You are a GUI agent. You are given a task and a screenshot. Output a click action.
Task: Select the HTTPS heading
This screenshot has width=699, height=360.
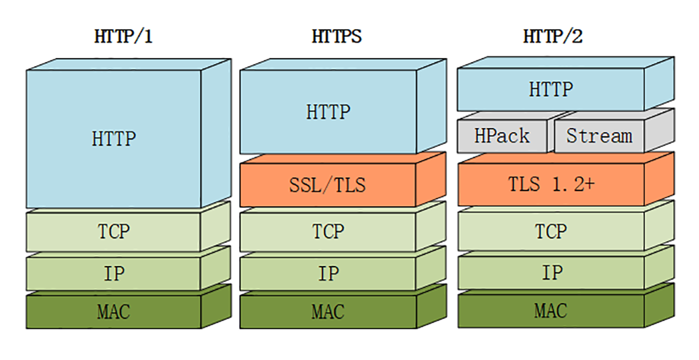[x=336, y=37]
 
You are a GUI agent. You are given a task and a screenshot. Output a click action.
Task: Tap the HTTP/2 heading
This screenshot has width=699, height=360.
[x=553, y=37]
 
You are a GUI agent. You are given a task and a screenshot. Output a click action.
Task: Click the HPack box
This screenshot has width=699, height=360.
[x=502, y=136]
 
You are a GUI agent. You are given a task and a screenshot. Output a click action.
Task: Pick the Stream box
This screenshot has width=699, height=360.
[x=598, y=136]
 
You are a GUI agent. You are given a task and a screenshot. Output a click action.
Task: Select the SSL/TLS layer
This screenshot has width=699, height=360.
[x=328, y=185]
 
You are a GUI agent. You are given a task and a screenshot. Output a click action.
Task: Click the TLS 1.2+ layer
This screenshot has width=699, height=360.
[x=550, y=184]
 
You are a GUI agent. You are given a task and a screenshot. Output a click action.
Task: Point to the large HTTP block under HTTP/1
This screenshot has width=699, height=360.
[x=113, y=138]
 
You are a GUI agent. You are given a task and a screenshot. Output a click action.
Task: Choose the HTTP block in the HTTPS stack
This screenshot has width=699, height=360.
[x=328, y=112]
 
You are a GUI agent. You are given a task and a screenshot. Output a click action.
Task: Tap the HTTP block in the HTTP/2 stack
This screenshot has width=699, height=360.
[x=550, y=89]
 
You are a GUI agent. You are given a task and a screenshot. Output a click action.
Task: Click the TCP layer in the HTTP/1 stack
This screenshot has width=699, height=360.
[x=113, y=232]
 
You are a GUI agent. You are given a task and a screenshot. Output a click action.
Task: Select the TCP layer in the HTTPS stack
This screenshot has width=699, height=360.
[x=328, y=232]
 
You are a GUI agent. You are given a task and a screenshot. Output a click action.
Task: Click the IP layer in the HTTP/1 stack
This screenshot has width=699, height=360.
[x=113, y=274]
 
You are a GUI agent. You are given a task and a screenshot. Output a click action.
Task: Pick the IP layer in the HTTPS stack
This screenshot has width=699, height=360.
[x=328, y=274]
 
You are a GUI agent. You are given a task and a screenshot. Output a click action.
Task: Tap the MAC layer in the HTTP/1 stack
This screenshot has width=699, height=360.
[x=113, y=312]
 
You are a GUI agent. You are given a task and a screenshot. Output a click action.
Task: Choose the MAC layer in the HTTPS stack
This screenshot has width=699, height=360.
[x=328, y=312]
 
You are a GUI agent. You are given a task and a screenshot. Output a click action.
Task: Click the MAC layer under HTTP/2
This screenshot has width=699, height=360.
[x=550, y=311]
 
